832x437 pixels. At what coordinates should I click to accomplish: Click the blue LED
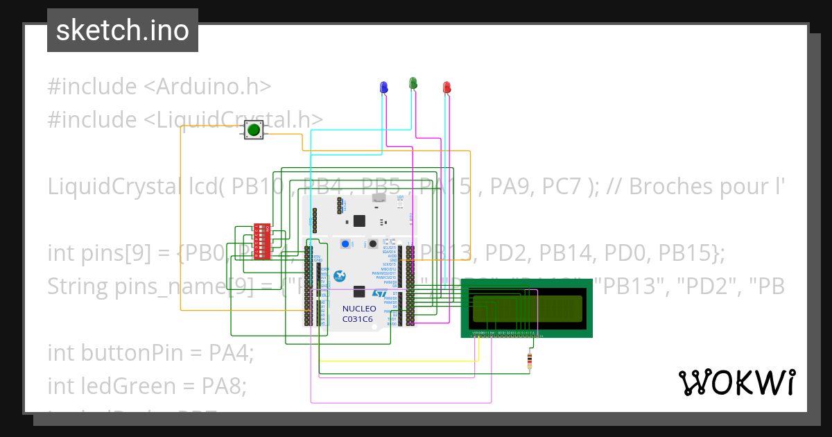coord(383,86)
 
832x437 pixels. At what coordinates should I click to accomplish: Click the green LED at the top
coord(413,83)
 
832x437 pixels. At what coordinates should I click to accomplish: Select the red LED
coord(447,87)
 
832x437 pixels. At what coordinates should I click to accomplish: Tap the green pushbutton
coord(254,129)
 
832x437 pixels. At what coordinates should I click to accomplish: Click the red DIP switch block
coord(262,241)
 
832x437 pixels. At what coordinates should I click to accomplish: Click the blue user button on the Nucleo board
coord(345,243)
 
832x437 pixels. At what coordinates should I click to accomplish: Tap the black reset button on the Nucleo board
coord(372,243)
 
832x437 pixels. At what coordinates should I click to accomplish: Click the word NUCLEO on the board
coord(358,309)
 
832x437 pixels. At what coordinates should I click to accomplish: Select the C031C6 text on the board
coord(357,319)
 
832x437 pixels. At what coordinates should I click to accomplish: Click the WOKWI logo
coord(736,382)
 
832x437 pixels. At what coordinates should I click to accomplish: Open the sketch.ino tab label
coord(123,31)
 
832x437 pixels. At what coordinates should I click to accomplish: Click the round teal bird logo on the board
coord(340,276)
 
